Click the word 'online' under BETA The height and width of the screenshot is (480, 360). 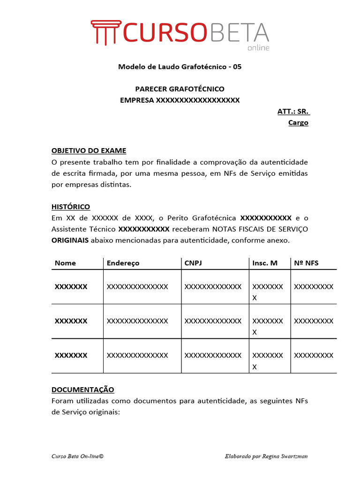click(x=258, y=47)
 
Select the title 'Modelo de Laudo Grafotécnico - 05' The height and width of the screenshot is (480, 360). click(x=180, y=67)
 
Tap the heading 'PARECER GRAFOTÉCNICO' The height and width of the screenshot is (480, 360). click(x=180, y=89)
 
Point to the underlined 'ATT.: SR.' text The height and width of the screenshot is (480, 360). click(x=293, y=112)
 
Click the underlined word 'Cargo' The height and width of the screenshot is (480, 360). click(x=298, y=123)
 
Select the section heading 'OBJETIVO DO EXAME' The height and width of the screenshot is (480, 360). click(x=89, y=150)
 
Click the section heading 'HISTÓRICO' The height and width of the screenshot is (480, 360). click(x=71, y=207)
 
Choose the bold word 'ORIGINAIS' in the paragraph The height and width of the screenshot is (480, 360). click(x=69, y=240)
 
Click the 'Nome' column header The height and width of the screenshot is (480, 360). click(x=65, y=263)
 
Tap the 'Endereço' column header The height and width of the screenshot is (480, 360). click(x=123, y=263)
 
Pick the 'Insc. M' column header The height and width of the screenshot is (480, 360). click(x=265, y=263)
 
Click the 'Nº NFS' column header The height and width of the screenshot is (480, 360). click(x=306, y=263)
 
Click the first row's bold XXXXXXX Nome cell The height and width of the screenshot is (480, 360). click(x=71, y=286)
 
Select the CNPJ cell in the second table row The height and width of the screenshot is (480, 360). click(x=213, y=321)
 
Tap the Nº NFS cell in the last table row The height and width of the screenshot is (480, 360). click(x=313, y=355)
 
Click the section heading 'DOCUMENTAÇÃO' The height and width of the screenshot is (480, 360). click(x=82, y=390)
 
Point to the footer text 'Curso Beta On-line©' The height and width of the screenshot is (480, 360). click(x=77, y=456)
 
